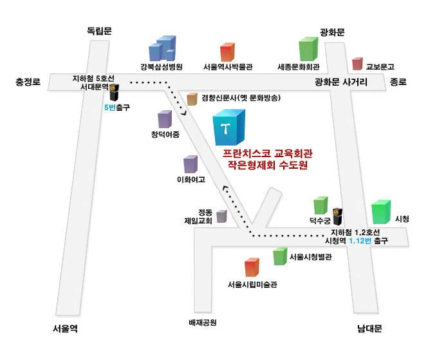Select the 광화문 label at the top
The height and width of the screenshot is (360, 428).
[x=333, y=31]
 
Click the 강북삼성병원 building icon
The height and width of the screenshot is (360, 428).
[x=162, y=49]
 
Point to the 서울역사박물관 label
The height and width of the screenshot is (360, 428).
[x=227, y=66]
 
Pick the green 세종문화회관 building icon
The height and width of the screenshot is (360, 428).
[x=308, y=49]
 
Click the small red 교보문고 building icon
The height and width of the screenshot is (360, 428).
[x=357, y=63]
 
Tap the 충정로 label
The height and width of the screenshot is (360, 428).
[x=28, y=82]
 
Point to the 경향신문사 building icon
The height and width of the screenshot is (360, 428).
[x=191, y=99]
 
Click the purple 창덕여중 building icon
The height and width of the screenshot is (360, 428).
[x=165, y=120]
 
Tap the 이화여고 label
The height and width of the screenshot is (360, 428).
[x=191, y=180]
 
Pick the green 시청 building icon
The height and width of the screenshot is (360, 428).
[x=381, y=211]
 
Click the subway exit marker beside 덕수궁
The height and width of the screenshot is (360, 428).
[x=337, y=217]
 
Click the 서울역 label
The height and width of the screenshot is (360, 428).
[x=65, y=328]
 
